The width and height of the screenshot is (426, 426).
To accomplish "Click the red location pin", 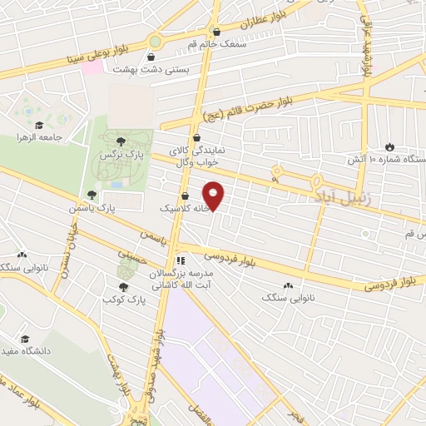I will pyautogui.click(x=215, y=195).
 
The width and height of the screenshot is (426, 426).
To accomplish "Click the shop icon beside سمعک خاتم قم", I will pyautogui.click(x=217, y=32).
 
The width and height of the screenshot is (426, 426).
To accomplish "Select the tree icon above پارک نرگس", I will pyautogui.click(x=122, y=141).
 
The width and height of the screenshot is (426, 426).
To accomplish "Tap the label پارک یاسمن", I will pyautogui.click(x=99, y=206).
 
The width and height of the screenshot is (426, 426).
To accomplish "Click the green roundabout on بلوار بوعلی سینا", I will pyautogui.click(x=156, y=40).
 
